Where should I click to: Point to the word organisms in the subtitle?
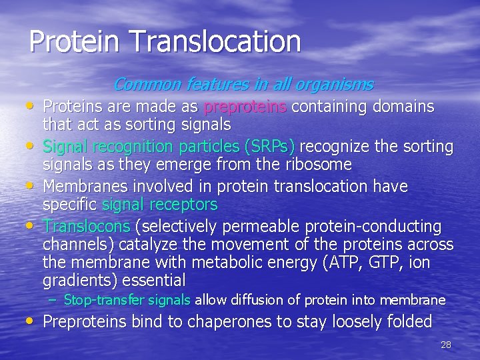coord(335,85)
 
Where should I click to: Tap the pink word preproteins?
coord(246,107)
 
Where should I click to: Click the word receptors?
coord(185,204)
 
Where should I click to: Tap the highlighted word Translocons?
coord(87,227)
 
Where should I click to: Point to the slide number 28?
coord(446,345)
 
